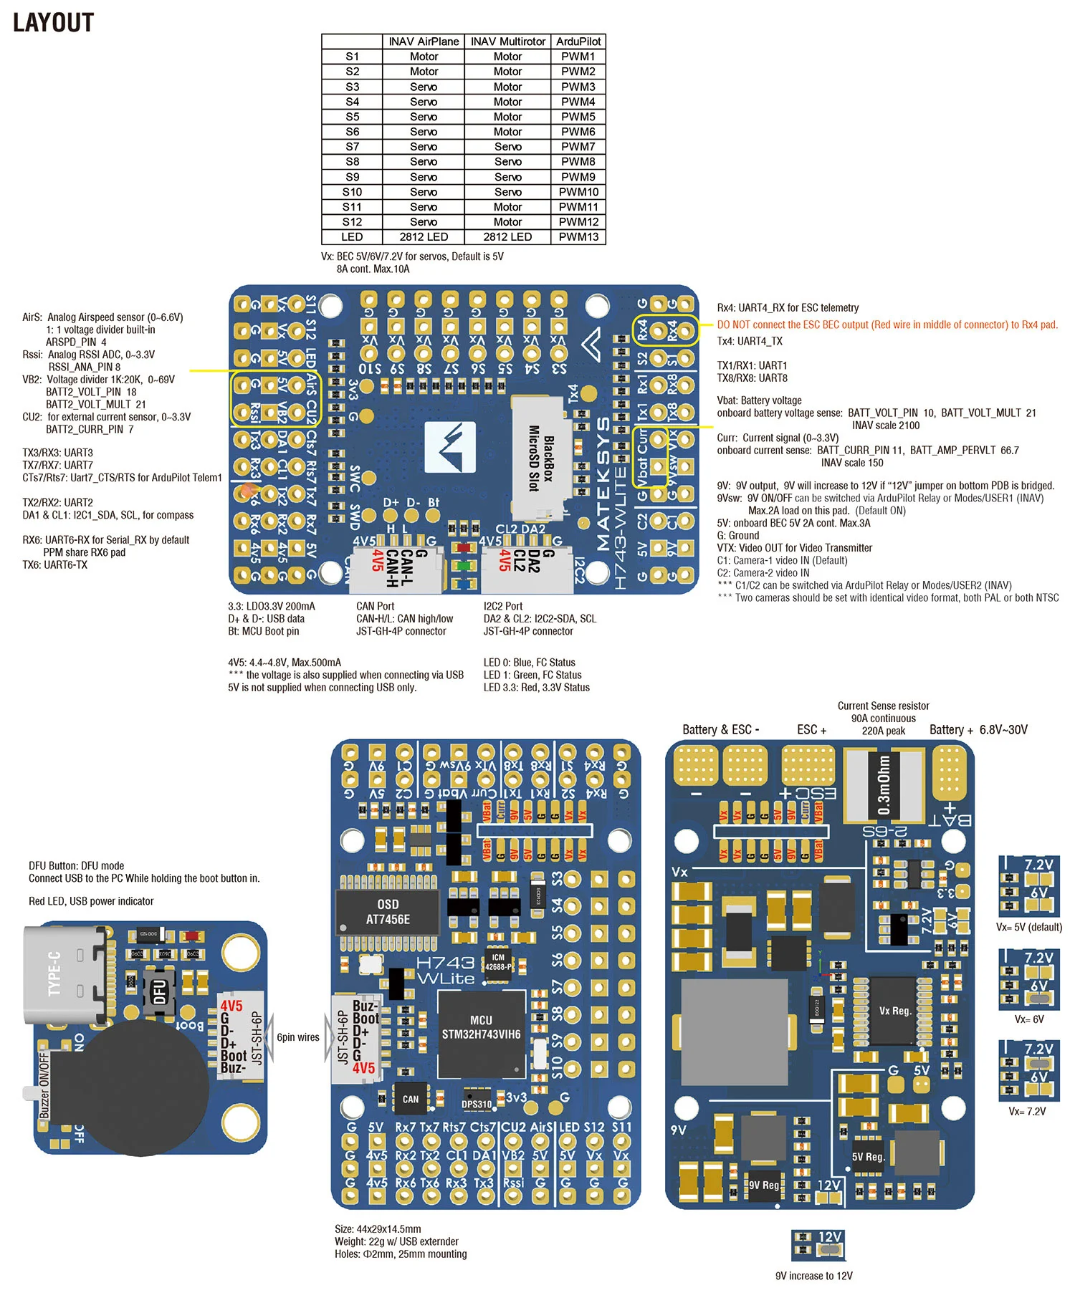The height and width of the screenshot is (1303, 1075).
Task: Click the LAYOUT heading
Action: (54, 23)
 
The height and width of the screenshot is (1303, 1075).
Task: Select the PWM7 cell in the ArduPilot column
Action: (578, 147)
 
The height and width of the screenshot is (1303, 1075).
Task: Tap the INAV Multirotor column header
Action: (507, 42)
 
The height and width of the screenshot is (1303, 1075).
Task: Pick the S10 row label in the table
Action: (352, 192)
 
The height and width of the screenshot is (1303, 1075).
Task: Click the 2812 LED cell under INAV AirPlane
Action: (424, 237)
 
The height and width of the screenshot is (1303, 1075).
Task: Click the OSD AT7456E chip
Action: (388, 912)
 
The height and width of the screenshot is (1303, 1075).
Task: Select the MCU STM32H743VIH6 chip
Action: (481, 1027)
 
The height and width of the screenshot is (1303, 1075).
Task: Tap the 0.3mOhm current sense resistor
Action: (884, 785)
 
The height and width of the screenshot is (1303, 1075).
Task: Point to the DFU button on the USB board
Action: (159, 992)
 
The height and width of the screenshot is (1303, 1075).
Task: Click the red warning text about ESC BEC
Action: (887, 324)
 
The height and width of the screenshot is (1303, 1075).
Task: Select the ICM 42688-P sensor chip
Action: (498, 962)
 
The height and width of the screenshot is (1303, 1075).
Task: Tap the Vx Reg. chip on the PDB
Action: (895, 1011)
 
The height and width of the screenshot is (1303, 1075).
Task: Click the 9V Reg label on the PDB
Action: (764, 1185)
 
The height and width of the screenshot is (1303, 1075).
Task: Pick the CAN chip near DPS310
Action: (410, 1099)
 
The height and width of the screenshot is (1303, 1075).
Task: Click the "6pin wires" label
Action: (298, 1037)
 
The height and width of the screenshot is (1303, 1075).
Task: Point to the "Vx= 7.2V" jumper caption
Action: (1027, 1111)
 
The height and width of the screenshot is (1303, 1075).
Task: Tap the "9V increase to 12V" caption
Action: (814, 1276)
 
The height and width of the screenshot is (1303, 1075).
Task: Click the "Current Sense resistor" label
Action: (883, 706)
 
